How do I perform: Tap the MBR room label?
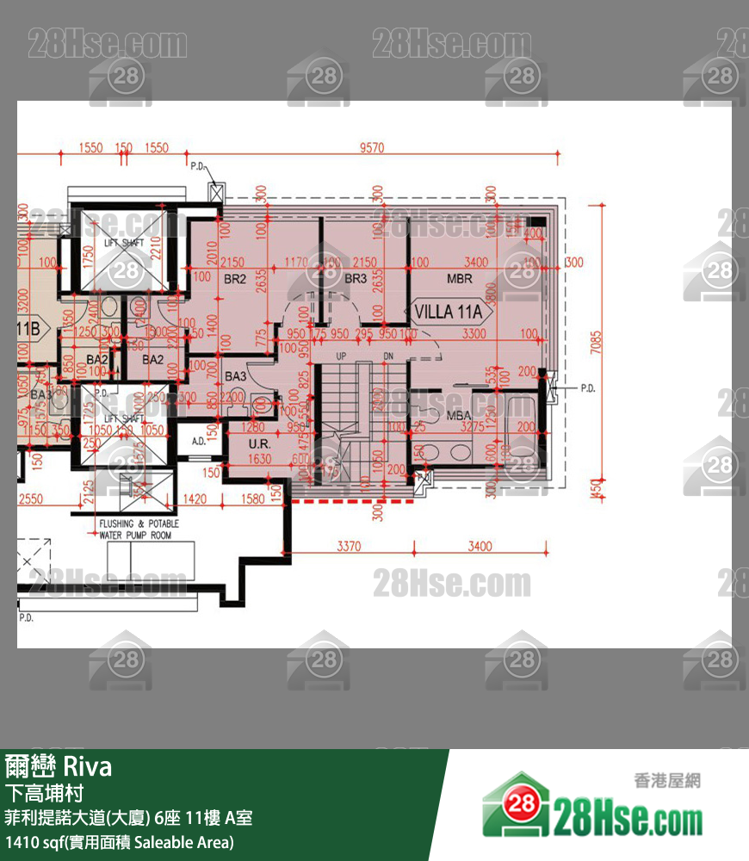(x=460, y=279)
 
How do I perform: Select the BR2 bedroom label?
(x=235, y=279)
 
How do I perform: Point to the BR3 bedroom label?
(x=356, y=279)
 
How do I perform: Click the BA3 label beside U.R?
(x=235, y=376)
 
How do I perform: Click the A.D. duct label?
(x=198, y=442)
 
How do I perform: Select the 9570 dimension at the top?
(x=371, y=148)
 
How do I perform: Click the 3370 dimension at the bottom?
(x=349, y=545)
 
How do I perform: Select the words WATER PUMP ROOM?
(x=135, y=535)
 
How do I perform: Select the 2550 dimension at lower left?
(x=31, y=499)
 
